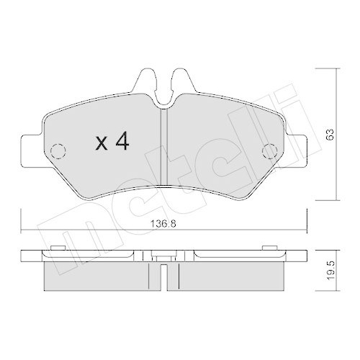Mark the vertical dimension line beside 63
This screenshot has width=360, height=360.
point(318,135)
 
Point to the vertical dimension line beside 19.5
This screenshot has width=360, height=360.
point(318,270)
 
